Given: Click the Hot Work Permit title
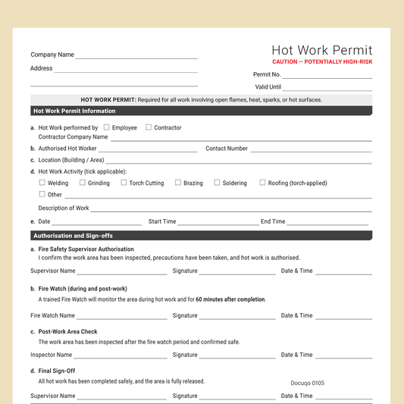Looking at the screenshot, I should [322, 50].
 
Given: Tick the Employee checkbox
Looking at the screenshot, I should [107, 127].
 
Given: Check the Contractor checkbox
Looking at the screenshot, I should [149, 127].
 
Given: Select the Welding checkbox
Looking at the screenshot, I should [42, 183].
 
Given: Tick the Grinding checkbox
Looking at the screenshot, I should [83, 183].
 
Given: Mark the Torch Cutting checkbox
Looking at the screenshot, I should [124, 183].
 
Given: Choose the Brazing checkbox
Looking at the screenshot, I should [178, 183].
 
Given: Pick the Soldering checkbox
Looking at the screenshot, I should [217, 183].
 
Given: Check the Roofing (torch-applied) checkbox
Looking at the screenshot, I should [262, 183].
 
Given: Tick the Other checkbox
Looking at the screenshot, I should [42, 194].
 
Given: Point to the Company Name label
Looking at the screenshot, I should [52, 55].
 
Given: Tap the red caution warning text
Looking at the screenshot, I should [322, 61].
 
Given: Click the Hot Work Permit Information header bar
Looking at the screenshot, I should [202, 111].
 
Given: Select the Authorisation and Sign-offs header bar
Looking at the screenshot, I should [202, 236].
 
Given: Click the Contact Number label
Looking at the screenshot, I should [227, 149].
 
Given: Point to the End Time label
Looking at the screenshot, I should [273, 221].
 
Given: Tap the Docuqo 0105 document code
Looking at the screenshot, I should [307, 383].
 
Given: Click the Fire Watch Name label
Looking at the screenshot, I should [53, 315].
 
